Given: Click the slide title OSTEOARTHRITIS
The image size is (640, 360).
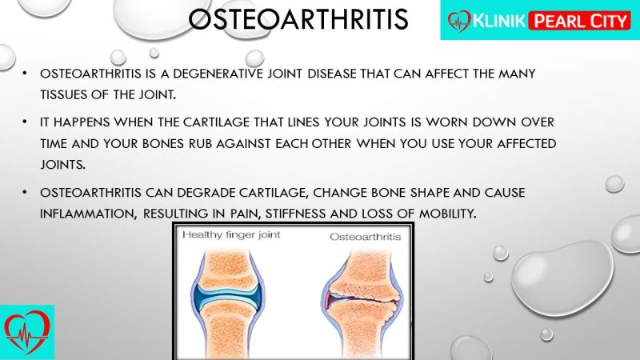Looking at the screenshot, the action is (298, 19).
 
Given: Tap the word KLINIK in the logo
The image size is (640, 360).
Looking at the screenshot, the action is (499, 21).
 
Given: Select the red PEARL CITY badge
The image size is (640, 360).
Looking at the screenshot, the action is (580, 21).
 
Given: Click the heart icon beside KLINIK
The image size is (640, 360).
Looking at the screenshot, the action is (459, 22).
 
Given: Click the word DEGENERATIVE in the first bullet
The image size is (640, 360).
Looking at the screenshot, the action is (218, 74).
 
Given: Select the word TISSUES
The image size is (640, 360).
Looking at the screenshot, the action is (63, 94).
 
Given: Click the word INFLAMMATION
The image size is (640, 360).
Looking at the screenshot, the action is (88, 214).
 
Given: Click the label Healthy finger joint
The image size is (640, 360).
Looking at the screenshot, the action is (231, 234).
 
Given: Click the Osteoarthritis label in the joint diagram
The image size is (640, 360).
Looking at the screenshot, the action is (366, 237).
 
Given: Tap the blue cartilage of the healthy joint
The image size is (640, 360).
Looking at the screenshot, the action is (227, 297).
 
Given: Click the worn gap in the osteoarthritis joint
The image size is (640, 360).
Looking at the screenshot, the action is (363, 298).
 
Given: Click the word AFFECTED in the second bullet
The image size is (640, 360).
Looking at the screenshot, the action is (526, 144).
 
